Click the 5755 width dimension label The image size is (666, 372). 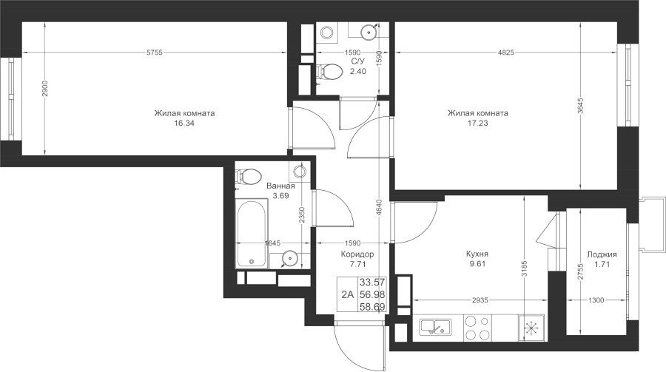pyautogui.click(x=155, y=53)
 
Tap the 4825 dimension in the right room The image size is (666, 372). pyautogui.click(x=506, y=53)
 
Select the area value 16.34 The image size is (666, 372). pyautogui.click(x=184, y=124)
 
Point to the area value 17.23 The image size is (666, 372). pyautogui.click(x=478, y=124)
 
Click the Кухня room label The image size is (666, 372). pyautogui.click(x=477, y=254)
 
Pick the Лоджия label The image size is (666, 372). pyautogui.click(x=602, y=254)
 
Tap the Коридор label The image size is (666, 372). pyautogui.click(x=357, y=254)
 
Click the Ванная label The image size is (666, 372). pyautogui.click(x=280, y=186)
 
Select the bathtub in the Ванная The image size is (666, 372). pyautogui.click(x=252, y=234)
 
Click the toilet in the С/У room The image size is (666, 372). pyautogui.click(x=329, y=72)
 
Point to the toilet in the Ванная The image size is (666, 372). pyautogui.click(x=249, y=176)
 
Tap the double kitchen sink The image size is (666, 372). pyautogui.click(x=435, y=327)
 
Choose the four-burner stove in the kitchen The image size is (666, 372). pyautogui.click(x=477, y=328)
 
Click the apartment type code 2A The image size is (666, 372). pyautogui.click(x=348, y=294)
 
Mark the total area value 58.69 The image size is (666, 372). pyautogui.click(x=372, y=307)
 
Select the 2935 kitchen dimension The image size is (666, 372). pyautogui.click(x=480, y=300)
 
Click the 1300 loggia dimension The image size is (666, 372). pyautogui.click(x=596, y=300)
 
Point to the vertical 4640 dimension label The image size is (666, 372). pyautogui.click(x=380, y=208)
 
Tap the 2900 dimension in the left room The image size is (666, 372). pyautogui.click(x=45, y=88)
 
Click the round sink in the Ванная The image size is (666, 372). pyautogui.click(x=289, y=257)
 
